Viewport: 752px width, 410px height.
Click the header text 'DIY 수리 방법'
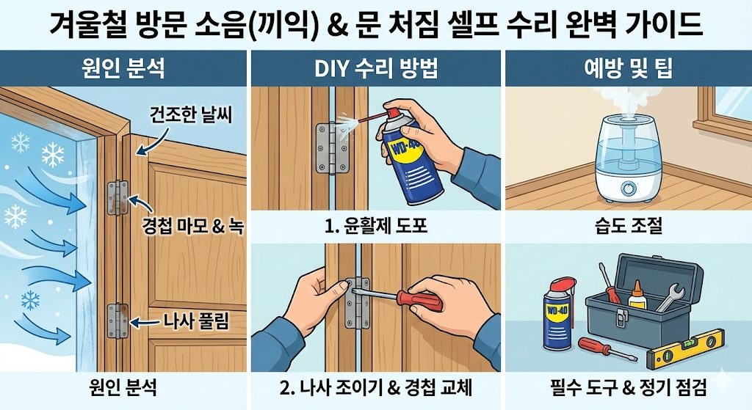(x=376, y=68)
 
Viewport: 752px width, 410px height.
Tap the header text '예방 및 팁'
(x=629, y=68)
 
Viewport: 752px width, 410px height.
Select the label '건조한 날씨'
(x=191, y=114)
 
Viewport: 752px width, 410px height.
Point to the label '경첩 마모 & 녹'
(x=193, y=225)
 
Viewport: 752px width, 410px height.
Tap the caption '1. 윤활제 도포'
(x=376, y=226)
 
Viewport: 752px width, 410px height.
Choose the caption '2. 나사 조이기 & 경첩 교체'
(x=376, y=387)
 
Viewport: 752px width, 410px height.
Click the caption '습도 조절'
(x=629, y=225)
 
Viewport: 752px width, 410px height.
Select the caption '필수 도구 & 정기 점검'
(x=629, y=387)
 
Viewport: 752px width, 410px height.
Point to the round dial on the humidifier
(x=628, y=188)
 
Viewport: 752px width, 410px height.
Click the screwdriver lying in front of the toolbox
(x=607, y=349)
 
